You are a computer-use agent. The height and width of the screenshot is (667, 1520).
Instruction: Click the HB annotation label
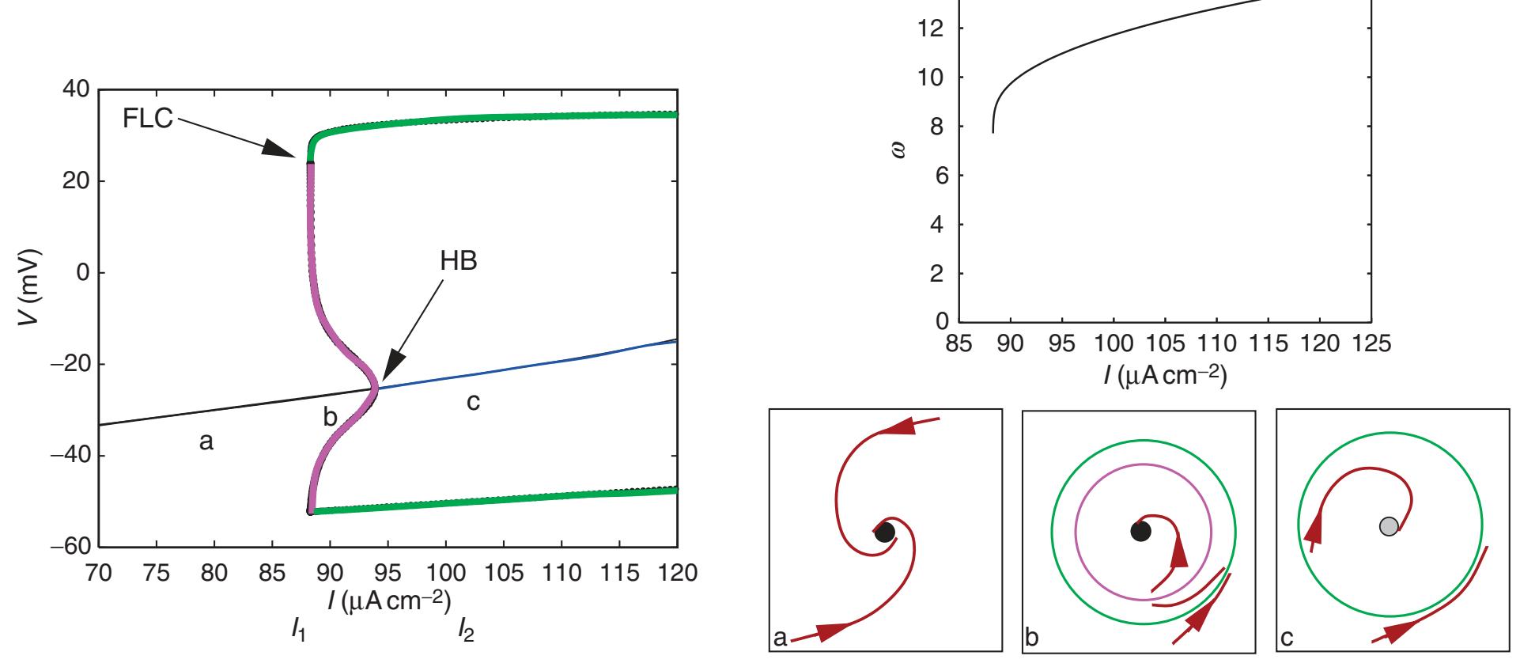point(459,262)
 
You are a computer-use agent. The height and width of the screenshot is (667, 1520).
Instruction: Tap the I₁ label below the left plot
point(298,631)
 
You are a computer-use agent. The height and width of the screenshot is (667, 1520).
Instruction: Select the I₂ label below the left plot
point(466,631)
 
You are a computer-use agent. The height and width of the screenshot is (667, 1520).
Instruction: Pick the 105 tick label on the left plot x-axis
point(504,573)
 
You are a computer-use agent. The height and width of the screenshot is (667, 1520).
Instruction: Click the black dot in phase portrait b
point(1140,531)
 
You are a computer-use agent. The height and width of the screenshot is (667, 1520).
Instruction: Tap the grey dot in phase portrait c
point(1389,526)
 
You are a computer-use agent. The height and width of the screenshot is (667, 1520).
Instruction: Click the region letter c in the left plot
point(473,403)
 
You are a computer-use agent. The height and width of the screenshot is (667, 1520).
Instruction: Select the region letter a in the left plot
point(206,443)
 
